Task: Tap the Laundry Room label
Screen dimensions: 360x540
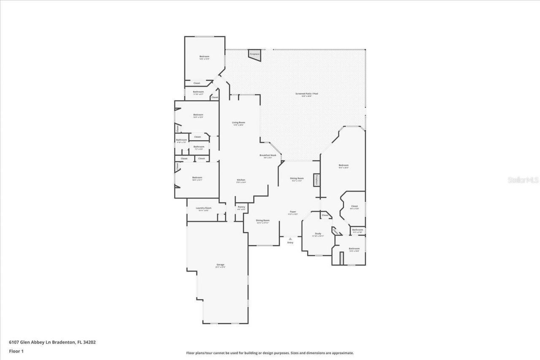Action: (x=203, y=209)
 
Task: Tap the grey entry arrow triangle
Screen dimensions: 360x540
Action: (x=290, y=239)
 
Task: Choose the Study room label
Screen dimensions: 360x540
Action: (x=318, y=234)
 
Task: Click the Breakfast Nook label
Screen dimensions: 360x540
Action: (x=267, y=156)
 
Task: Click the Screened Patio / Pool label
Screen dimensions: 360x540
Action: (x=303, y=94)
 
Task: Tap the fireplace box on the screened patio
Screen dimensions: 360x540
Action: (x=254, y=54)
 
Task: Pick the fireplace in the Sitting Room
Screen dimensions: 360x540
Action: (x=316, y=180)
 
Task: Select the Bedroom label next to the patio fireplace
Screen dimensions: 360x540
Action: (x=204, y=57)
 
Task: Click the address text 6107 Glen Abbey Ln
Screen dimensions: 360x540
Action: (x=52, y=342)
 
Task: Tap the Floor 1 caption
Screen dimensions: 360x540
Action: (x=16, y=351)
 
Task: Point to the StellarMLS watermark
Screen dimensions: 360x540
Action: (x=523, y=180)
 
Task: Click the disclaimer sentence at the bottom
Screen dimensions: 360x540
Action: (x=270, y=353)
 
